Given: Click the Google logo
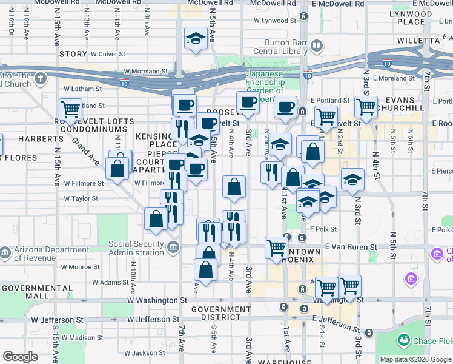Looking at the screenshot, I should [x=20, y=357].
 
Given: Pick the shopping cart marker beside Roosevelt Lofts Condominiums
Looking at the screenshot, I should [x=71, y=109].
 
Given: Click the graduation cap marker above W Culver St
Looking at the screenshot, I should [x=196, y=39].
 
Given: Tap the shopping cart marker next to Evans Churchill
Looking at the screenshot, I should [x=366, y=107].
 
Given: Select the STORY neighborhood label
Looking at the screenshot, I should [x=73, y=54].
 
